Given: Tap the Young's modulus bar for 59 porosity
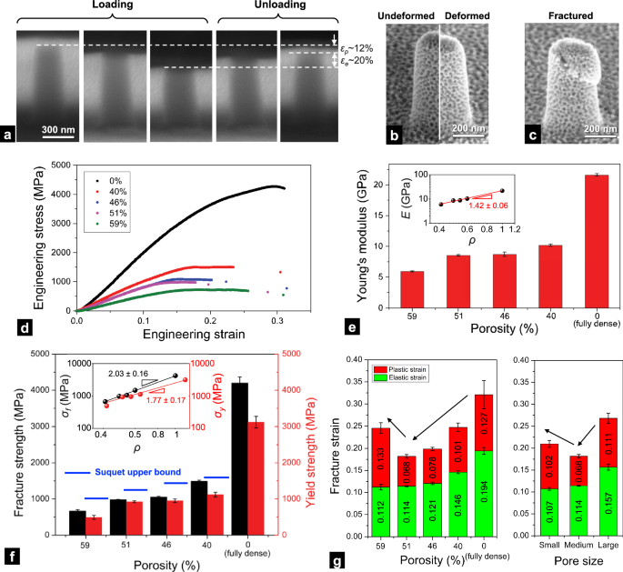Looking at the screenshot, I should (x=413, y=276).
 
